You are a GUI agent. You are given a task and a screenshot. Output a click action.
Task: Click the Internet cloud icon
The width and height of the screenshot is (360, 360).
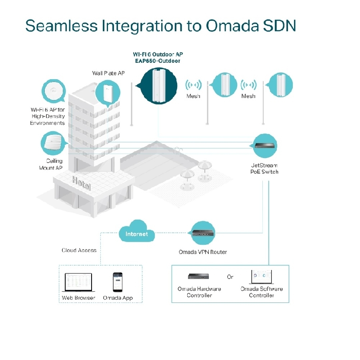coord(136,233)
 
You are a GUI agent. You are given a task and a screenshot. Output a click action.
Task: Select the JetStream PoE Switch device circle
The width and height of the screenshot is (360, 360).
coord(265,146)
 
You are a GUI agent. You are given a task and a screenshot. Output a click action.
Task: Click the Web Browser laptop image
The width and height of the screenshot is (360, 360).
coord(78,283)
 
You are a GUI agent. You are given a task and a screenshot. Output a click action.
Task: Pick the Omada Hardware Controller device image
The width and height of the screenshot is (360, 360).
coord(199,276)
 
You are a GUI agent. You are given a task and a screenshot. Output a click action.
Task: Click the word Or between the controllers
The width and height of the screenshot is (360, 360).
coord(230,277)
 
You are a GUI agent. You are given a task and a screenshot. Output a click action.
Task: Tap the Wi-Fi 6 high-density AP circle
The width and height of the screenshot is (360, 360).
coord(53,91)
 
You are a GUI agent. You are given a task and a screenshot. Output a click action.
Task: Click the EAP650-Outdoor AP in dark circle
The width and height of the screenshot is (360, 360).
coord(159,86)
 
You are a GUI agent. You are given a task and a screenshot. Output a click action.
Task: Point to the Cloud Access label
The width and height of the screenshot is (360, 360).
coord(79,250)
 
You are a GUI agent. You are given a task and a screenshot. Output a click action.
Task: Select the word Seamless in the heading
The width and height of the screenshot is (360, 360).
coord(61,26)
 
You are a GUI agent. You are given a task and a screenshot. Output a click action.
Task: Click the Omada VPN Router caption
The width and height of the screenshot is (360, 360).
coord(203,252)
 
